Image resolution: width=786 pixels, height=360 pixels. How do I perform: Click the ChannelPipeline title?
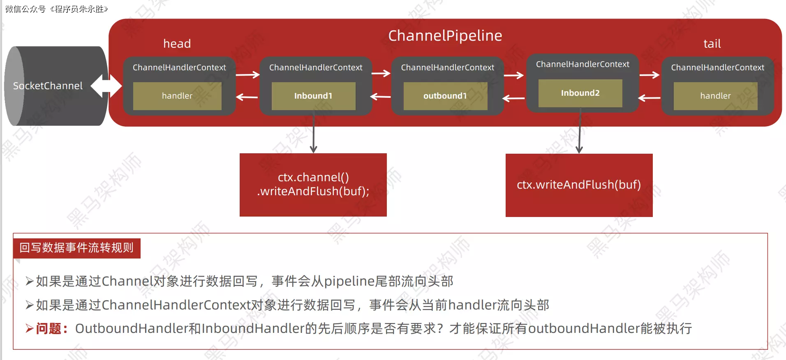(x=445, y=36)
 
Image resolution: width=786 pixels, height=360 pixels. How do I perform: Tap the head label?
(x=177, y=44)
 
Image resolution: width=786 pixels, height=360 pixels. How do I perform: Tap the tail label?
(x=712, y=44)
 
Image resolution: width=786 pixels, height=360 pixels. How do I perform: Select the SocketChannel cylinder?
(x=49, y=86)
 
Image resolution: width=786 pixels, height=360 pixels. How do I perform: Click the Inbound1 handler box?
(x=313, y=96)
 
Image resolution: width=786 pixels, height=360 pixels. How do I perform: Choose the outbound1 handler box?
(x=445, y=96)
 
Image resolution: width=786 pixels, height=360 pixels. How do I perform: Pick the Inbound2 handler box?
(x=580, y=93)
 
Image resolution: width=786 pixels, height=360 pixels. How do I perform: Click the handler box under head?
(x=177, y=96)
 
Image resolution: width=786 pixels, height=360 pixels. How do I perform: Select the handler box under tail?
(x=715, y=96)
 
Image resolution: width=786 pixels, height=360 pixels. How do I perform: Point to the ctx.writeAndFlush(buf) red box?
(x=579, y=185)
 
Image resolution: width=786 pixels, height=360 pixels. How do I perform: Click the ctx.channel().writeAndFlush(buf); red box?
(x=313, y=185)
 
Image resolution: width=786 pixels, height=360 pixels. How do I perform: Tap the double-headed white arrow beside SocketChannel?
(x=106, y=86)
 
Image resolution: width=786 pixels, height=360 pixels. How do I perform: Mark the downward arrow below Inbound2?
(x=580, y=132)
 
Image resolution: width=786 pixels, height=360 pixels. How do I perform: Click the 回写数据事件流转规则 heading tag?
(x=76, y=248)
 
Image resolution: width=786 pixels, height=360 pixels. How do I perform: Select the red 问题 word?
(x=49, y=329)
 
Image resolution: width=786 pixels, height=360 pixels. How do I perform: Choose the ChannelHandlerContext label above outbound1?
(x=447, y=67)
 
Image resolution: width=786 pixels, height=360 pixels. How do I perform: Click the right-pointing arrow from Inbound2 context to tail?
(x=650, y=75)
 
